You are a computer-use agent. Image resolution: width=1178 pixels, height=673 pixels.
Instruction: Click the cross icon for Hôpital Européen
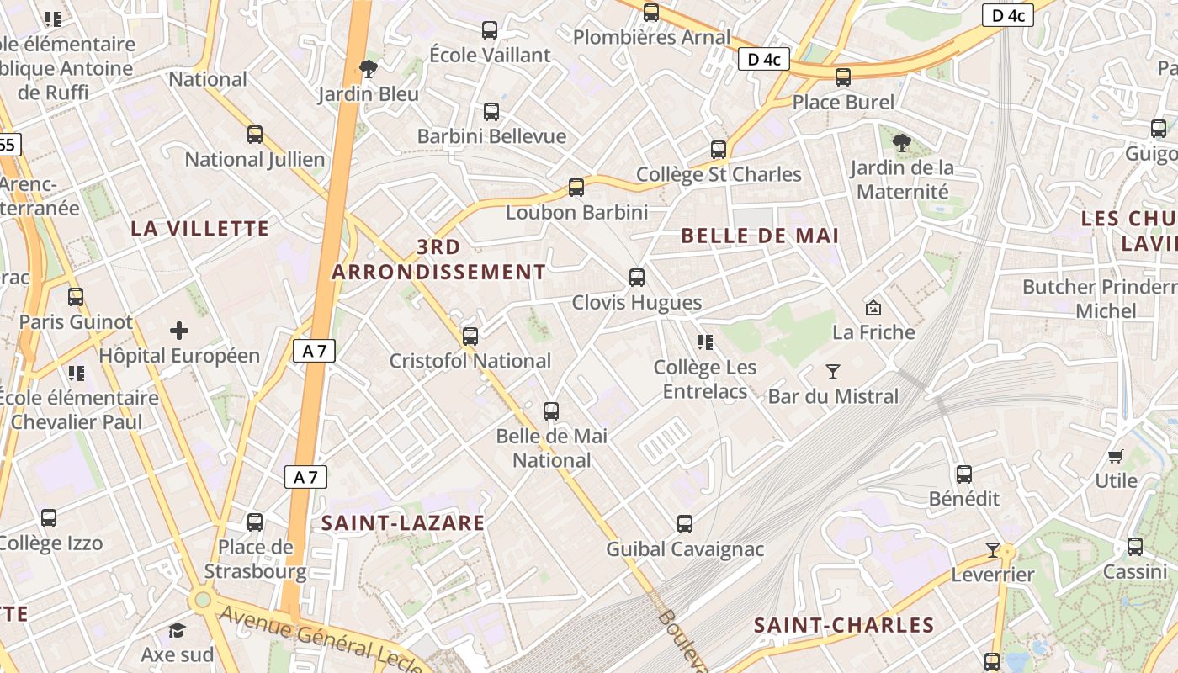point(179,331)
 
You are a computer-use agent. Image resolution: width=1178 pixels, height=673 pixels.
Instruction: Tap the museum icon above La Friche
point(873,308)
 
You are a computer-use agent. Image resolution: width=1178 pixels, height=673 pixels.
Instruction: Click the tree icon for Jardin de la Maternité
point(902,143)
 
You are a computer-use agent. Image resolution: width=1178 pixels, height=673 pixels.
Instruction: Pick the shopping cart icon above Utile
point(1116,457)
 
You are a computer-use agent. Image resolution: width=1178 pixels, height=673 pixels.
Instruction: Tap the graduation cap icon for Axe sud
point(177,630)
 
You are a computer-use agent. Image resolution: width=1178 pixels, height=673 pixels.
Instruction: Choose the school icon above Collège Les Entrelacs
point(705,342)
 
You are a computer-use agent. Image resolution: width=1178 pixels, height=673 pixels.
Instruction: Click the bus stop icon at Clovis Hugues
point(637,278)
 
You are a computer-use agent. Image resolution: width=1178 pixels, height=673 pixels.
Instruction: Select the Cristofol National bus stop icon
point(470,336)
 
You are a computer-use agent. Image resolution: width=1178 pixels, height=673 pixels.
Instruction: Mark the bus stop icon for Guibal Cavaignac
point(685,524)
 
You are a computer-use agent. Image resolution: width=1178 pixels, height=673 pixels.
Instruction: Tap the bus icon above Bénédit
point(964,474)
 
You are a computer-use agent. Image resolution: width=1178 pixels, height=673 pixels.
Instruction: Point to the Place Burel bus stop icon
point(843,77)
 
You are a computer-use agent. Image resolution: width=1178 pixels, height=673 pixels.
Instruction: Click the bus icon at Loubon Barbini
point(576,188)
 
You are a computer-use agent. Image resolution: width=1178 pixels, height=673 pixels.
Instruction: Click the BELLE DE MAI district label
point(760,236)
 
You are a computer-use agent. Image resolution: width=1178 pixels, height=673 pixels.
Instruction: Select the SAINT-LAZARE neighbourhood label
point(403,522)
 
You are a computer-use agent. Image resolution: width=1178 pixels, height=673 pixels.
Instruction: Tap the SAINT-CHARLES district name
point(844,625)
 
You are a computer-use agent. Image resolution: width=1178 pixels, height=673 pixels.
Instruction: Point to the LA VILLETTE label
point(200,228)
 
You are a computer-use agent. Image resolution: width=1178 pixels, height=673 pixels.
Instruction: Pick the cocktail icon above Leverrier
point(993,550)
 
